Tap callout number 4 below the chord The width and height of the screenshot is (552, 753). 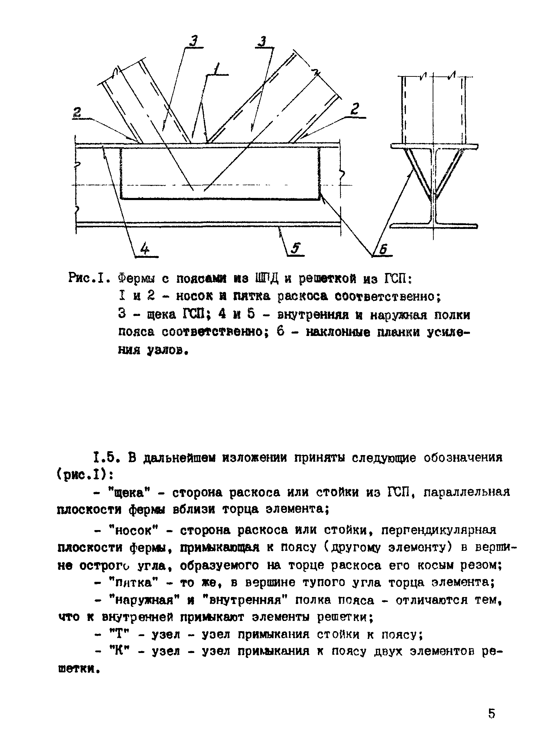click(x=145, y=249)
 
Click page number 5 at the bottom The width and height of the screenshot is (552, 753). click(x=491, y=714)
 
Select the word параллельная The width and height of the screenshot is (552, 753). click(x=467, y=492)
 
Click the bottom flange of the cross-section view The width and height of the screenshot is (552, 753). click(x=434, y=226)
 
